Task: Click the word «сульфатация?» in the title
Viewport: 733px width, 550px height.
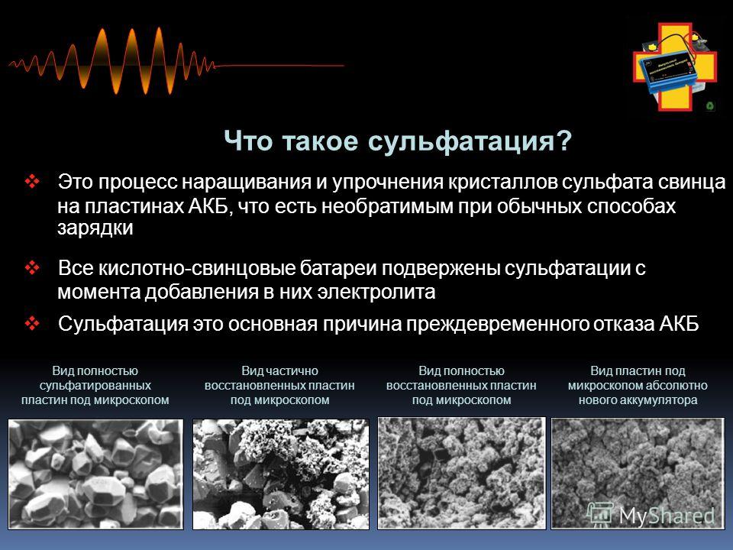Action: pyautogui.click(x=470, y=141)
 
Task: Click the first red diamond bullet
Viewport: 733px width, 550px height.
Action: pyautogui.click(x=32, y=182)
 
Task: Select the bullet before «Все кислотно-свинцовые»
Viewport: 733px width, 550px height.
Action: pyautogui.click(x=32, y=268)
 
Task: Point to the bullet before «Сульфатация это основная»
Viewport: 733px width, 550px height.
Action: pyautogui.click(x=32, y=323)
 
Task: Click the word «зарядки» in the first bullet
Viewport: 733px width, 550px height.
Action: pyautogui.click(x=95, y=228)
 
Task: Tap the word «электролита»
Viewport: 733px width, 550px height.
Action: pyautogui.click(x=376, y=292)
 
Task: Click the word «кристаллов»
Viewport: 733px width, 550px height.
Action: pyautogui.click(x=502, y=182)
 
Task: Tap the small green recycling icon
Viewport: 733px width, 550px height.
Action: pyautogui.click(x=710, y=105)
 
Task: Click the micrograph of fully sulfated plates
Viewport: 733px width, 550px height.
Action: pyautogui.click(x=96, y=474)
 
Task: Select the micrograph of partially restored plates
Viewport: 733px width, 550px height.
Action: pyautogui.click(x=280, y=474)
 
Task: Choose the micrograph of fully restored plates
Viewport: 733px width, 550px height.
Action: pyautogui.click(x=461, y=474)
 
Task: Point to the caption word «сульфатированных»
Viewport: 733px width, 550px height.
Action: pyautogui.click(x=95, y=385)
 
